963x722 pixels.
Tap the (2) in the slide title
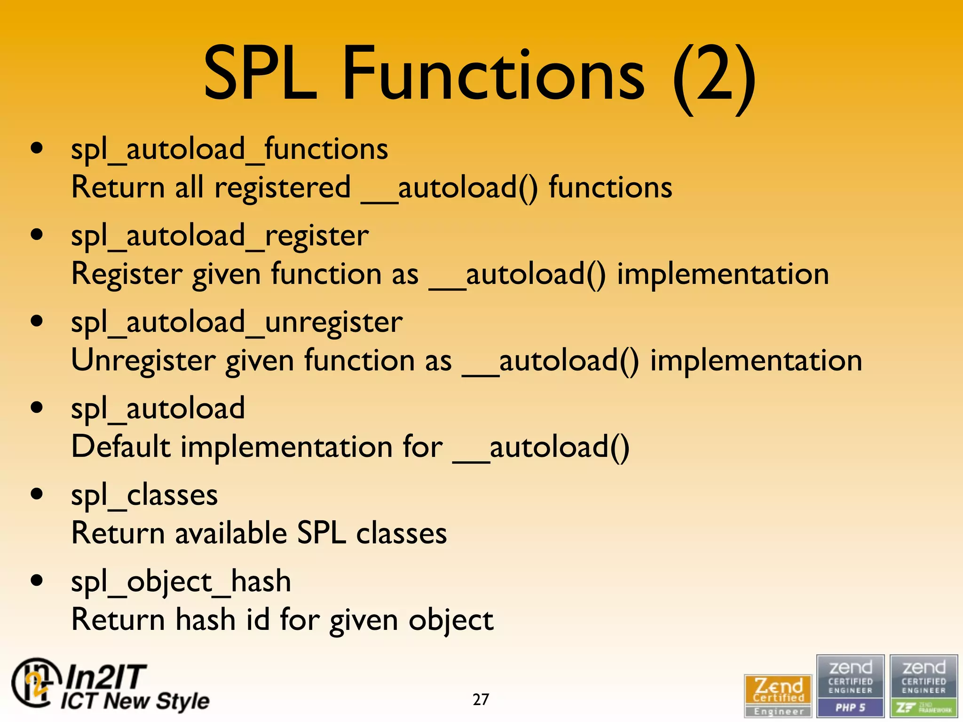point(715,75)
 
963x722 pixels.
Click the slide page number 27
point(481,699)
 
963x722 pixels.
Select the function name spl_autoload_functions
point(229,149)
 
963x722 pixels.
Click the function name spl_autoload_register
point(220,236)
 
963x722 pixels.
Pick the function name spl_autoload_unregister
point(237,322)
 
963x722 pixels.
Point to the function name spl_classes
point(144,495)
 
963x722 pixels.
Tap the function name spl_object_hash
point(181,582)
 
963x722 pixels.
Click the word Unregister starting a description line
point(143,361)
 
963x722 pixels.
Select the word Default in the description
point(121,447)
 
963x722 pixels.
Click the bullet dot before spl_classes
point(37,494)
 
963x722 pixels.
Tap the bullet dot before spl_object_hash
point(37,581)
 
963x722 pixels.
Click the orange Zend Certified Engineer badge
point(778,696)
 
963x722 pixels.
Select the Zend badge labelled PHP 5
point(850,686)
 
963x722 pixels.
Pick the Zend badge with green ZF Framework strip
point(924,686)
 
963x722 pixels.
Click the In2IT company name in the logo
point(106,677)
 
